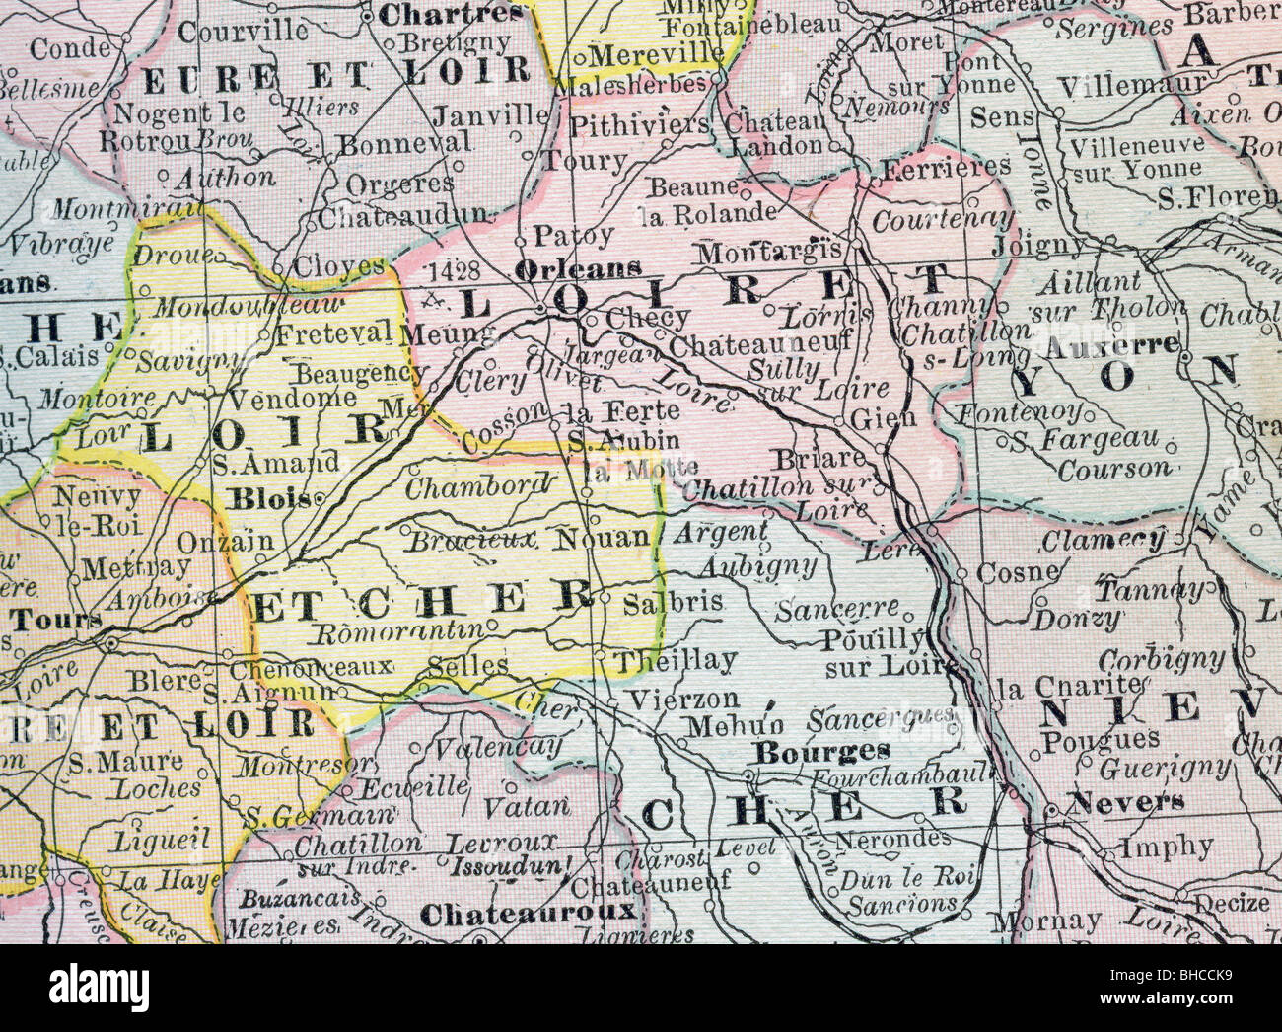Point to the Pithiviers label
640,123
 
